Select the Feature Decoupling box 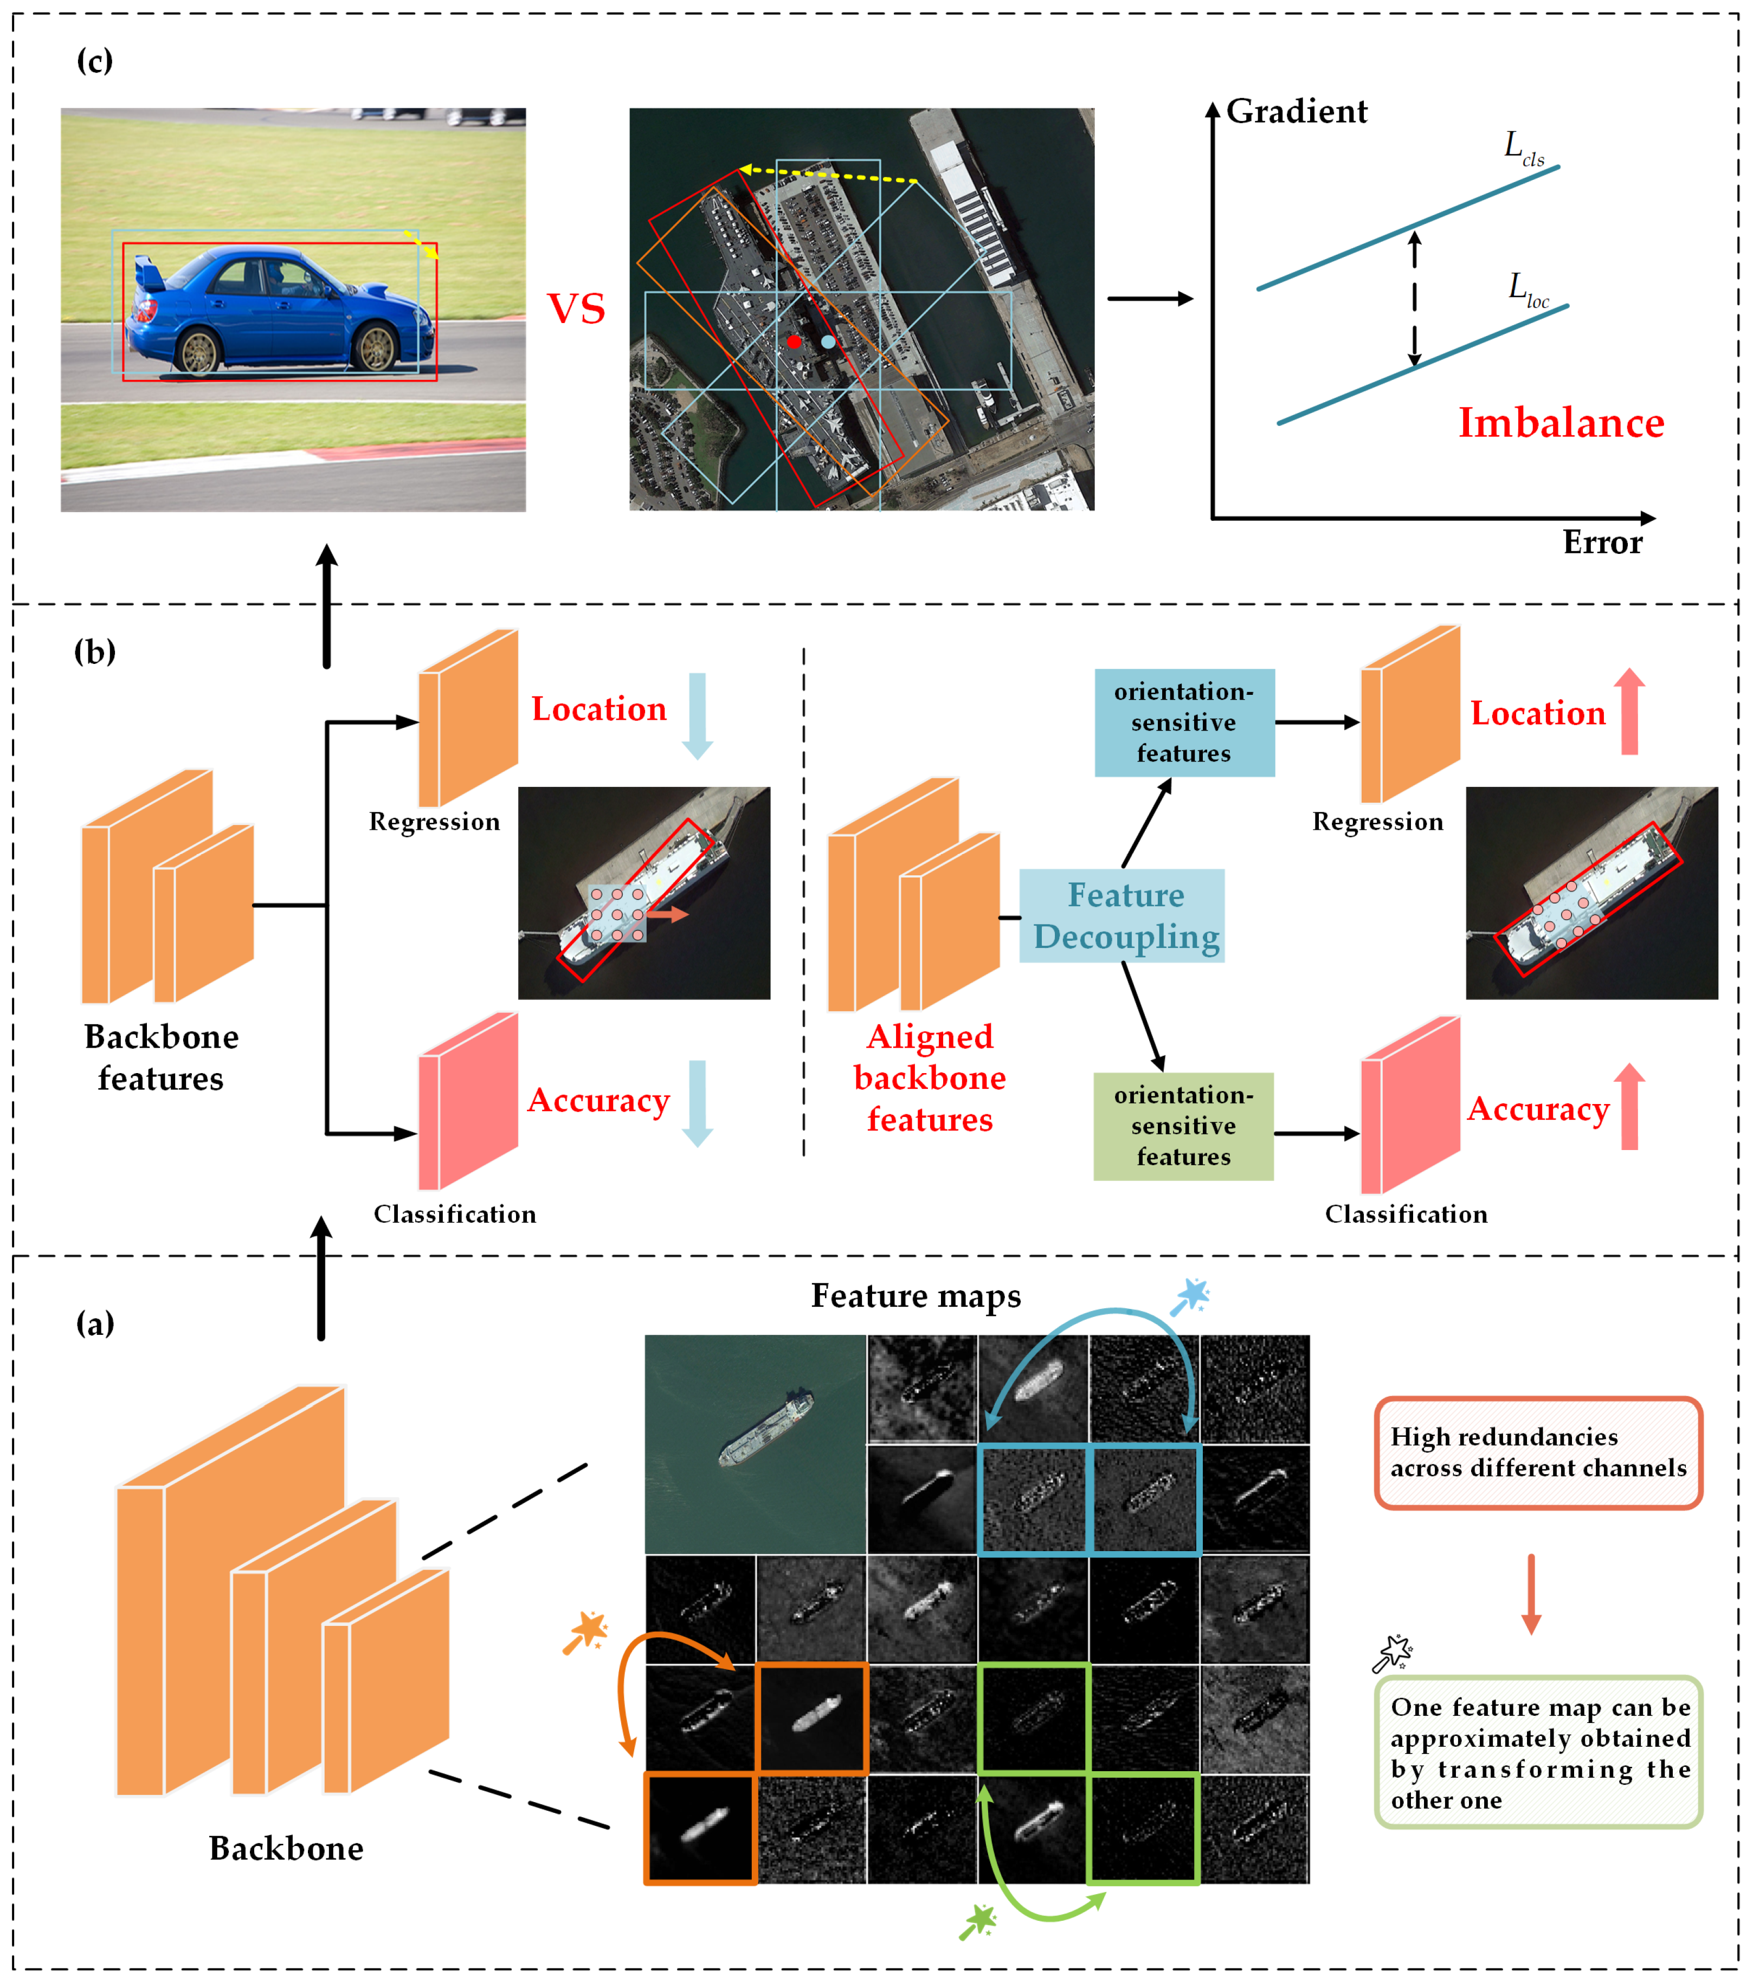tap(1122, 915)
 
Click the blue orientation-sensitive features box tap(1184, 722)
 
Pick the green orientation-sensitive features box tap(1183, 1126)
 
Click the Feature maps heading tap(916, 1295)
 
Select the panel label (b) tap(95, 651)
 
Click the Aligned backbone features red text tap(929, 1077)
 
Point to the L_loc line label tap(1528, 289)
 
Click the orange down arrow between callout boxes tap(1531, 1594)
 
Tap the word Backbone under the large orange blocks tap(286, 1848)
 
